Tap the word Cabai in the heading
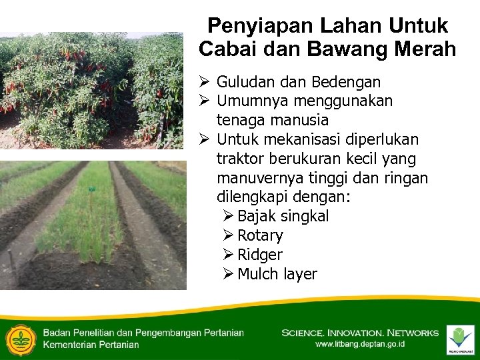(227, 49)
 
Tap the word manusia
(299, 121)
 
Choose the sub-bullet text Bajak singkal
(283, 217)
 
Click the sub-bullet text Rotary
(260, 236)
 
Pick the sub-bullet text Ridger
(259, 255)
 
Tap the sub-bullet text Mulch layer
(277, 275)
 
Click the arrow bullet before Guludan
(205, 82)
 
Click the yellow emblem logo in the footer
(20, 339)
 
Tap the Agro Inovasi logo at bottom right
(460, 338)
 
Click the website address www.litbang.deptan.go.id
(360, 344)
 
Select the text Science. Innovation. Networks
(360, 332)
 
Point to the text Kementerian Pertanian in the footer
(91, 345)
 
